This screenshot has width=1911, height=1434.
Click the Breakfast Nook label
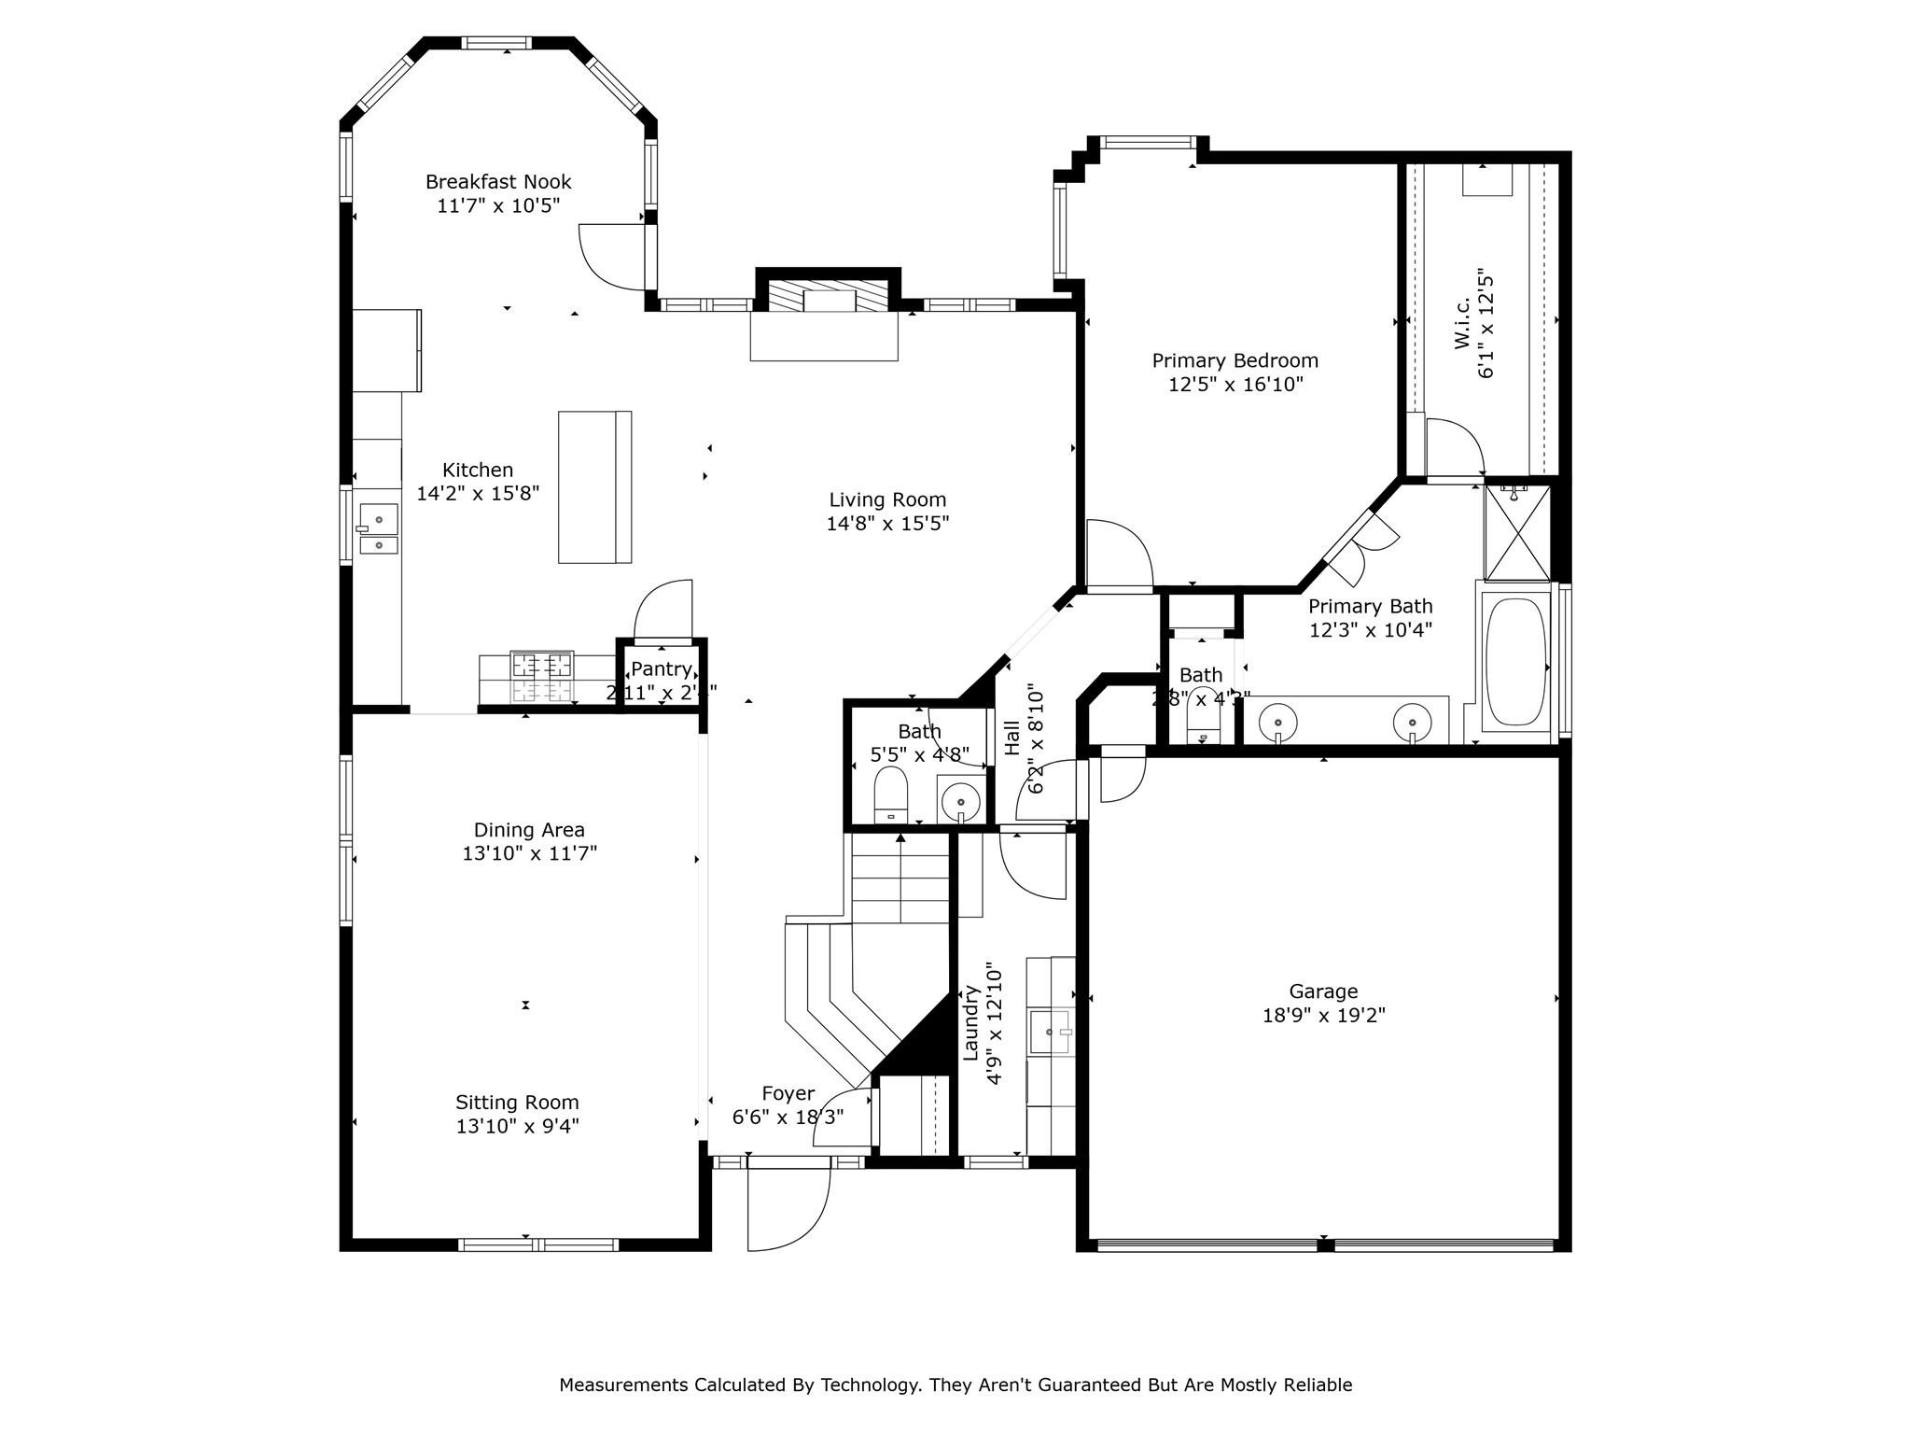(x=498, y=182)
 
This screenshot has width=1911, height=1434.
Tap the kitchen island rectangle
(x=594, y=486)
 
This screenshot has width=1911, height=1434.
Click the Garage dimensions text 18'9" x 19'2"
(x=1323, y=1016)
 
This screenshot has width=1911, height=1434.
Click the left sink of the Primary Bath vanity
(x=1277, y=722)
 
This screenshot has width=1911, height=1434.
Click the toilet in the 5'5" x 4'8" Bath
(x=891, y=795)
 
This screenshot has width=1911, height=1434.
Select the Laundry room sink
(x=1050, y=1032)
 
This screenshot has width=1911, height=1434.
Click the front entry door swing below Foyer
(x=788, y=1209)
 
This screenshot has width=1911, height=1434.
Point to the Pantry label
(x=661, y=669)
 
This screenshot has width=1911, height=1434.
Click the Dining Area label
(x=529, y=830)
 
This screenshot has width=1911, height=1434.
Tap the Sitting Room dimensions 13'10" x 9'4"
(x=517, y=1127)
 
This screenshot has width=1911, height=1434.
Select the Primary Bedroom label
(x=1234, y=360)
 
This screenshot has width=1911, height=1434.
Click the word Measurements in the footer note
(x=623, y=1385)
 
